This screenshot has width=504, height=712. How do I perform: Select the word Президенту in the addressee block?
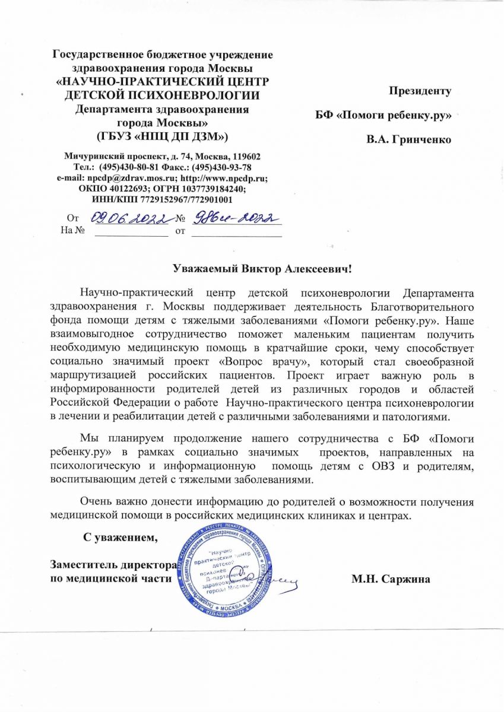click(420, 91)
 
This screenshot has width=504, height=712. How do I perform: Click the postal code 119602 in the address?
click(245, 157)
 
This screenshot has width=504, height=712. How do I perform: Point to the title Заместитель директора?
click(111, 564)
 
